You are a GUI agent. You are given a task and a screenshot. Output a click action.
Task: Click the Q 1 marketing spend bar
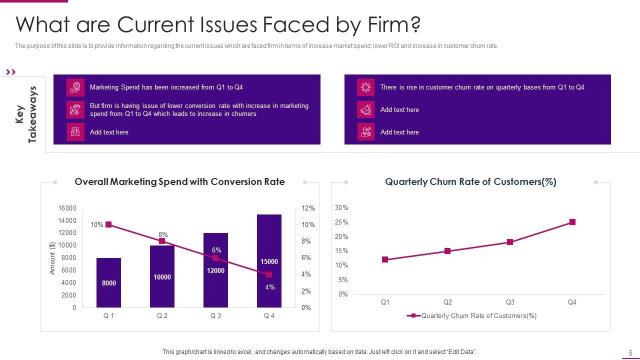coord(108,282)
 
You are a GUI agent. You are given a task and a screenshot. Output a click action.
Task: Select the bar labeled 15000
coord(269,261)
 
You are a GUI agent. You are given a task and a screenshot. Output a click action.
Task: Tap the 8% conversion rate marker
coord(162,241)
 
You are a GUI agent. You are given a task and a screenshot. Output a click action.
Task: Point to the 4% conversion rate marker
coord(269,274)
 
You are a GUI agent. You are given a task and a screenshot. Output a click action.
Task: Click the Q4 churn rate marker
coord(572,222)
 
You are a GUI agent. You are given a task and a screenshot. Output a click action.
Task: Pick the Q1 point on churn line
coord(385,259)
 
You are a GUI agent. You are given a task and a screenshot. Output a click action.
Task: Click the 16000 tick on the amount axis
coord(67,208)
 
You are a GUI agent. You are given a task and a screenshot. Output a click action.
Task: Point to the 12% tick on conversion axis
coord(308,208)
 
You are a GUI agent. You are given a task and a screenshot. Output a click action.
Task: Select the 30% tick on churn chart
coord(341,207)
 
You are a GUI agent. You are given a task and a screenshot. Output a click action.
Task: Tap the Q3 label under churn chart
coord(510,302)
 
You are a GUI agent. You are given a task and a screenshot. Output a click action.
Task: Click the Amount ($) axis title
coord(52,258)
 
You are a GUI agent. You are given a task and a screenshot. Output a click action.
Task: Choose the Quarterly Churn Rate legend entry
coord(472,315)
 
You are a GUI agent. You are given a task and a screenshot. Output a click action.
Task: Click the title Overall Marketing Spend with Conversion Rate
coord(179,182)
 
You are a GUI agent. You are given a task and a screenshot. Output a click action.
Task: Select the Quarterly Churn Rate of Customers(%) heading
coord(470,182)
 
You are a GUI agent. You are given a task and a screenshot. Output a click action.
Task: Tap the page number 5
coord(630,353)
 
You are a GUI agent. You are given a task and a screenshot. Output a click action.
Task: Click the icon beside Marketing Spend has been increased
coord(75,87)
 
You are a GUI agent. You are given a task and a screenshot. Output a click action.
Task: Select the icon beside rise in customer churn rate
coord(365,87)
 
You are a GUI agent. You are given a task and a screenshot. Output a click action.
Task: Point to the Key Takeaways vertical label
coord(26,114)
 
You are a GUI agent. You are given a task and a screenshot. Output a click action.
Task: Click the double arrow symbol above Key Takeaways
coord(11,72)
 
